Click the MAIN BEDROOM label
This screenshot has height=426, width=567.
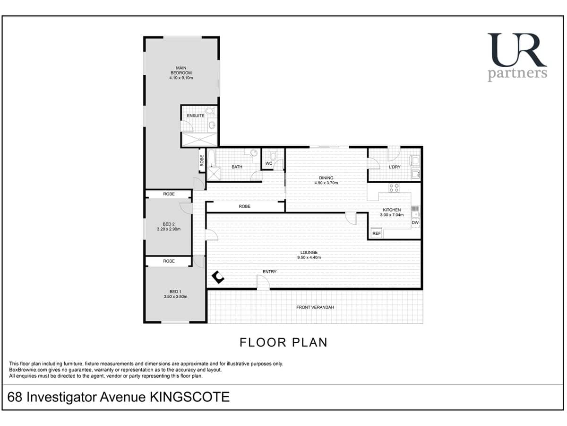(x=181, y=73)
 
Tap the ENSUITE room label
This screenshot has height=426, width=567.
(x=196, y=115)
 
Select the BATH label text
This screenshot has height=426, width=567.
(x=237, y=167)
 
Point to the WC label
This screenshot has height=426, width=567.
(x=268, y=163)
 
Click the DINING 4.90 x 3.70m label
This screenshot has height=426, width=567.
(x=326, y=180)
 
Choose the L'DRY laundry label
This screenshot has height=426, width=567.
(x=395, y=167)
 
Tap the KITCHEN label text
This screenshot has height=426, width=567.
(x=392, y=210)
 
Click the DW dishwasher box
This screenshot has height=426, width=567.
(x=415, y=222)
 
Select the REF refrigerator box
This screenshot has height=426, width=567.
(x=377, y=233)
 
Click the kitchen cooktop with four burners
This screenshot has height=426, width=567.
(x=394, y=187)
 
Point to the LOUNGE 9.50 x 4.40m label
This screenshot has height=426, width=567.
(x=309, y=255)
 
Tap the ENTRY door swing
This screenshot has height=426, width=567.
(x=263, y=283)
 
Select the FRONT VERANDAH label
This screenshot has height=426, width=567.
(x=315, y=307)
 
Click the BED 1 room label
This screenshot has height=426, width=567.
(x=174, y=294)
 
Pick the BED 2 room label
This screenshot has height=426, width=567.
(x=169, y=226)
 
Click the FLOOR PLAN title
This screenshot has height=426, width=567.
(x=283, y=342)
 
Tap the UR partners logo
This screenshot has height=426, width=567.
(x=517, y=57)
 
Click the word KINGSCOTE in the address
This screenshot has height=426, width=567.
(x=189, y=397)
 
